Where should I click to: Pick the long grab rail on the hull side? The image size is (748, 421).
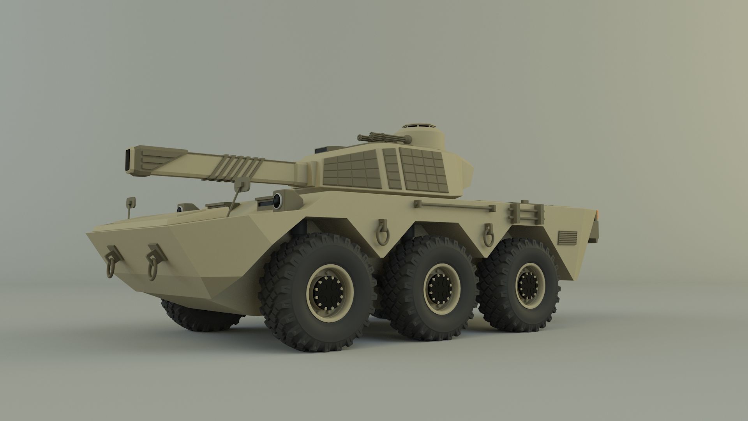tap(454, 205)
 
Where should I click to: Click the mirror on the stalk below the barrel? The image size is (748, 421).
tap(243, 183)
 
